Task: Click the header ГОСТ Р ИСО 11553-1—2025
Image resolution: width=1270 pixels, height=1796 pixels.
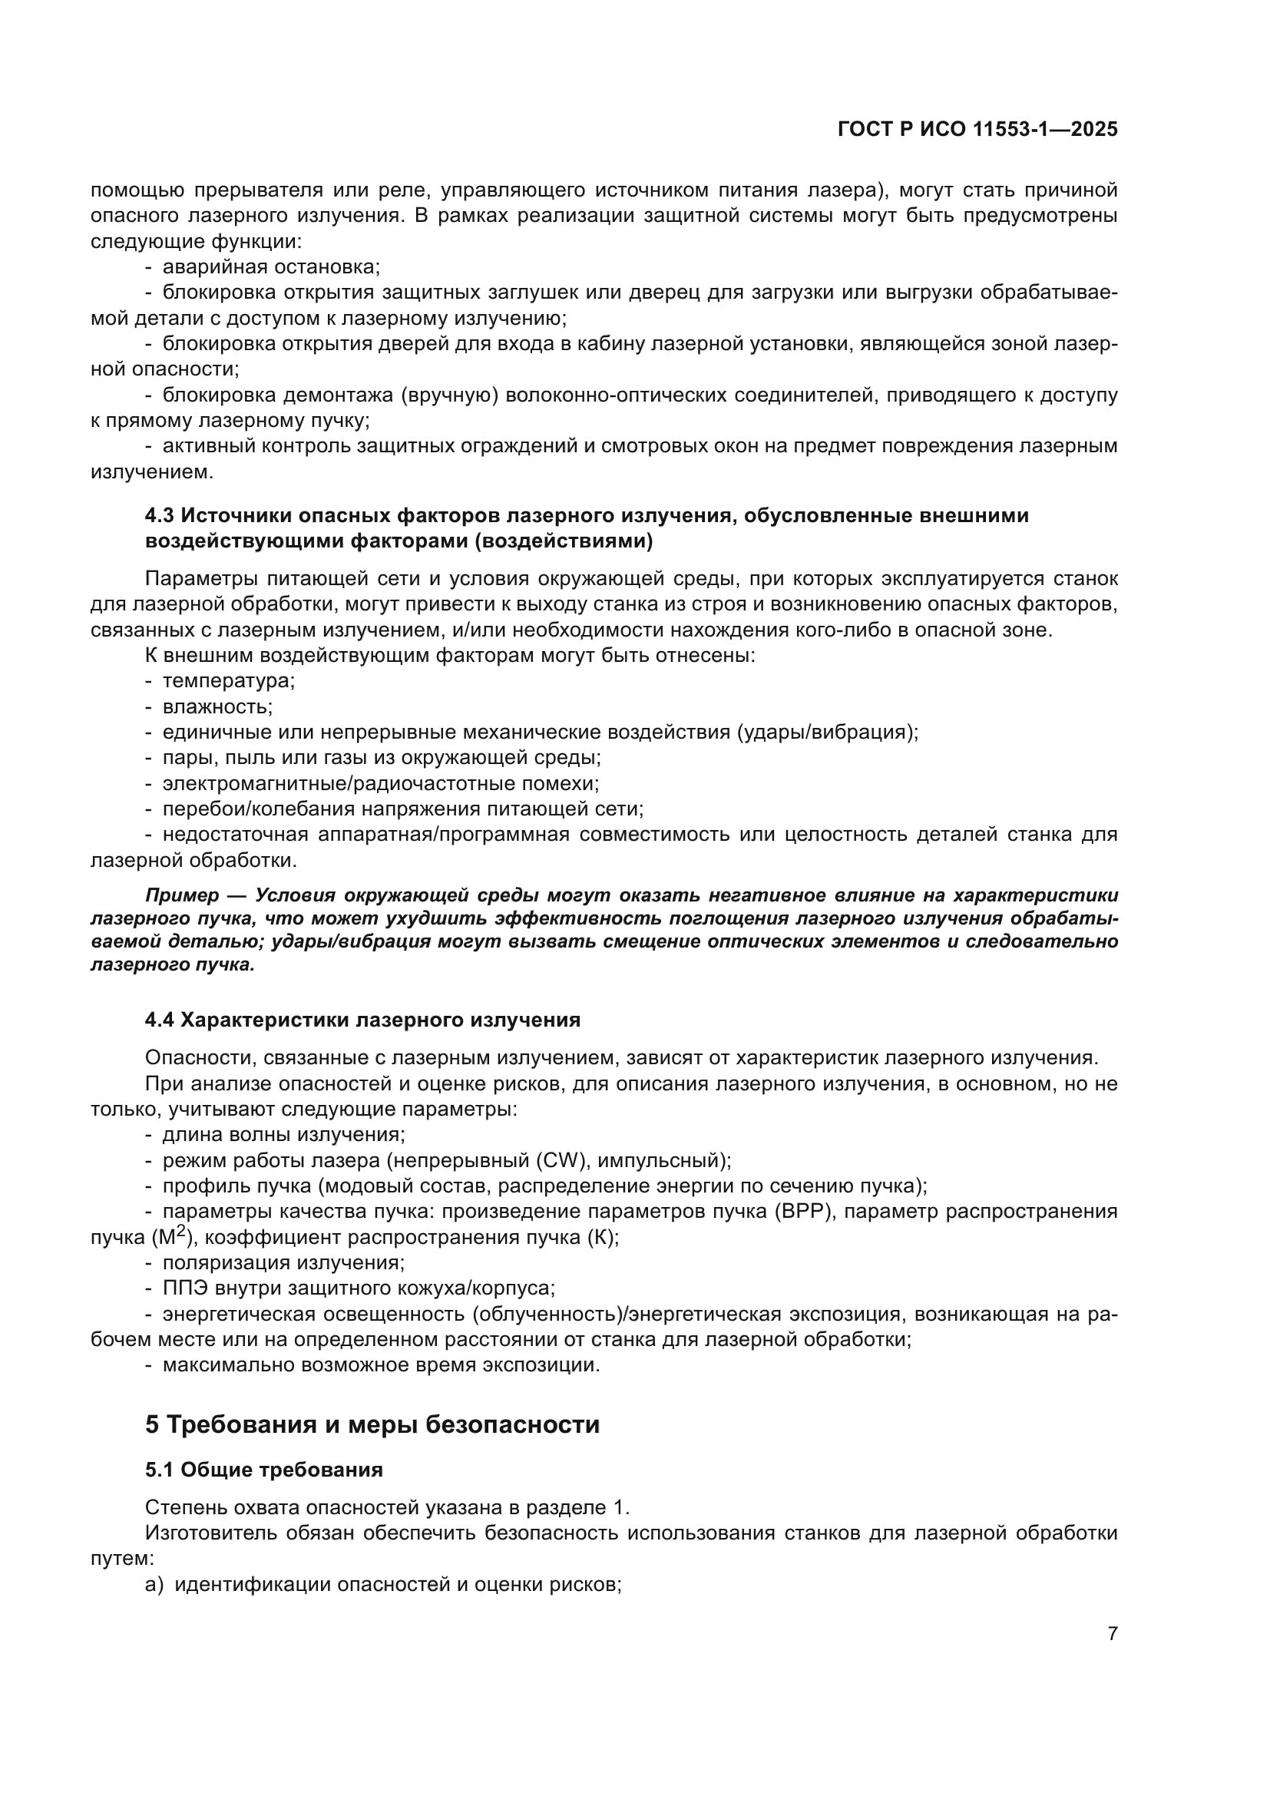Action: pyautogui.click(x=977, y=130)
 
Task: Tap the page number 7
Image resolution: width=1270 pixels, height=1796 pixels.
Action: pyautogui.click(x=1112, y=1634)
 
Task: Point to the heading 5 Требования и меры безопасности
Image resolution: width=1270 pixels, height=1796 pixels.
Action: pyautogui.click(x=372, y=1424)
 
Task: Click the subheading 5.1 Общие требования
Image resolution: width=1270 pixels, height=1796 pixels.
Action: pyautogui.click(x=263, y=1470)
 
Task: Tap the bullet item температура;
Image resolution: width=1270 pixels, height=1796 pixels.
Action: pyautogui.click(x=227, y=680)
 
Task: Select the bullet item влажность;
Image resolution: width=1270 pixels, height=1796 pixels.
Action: pyautogui.click(x=217, y=706)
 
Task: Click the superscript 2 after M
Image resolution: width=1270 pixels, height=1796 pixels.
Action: pyautogui.click(x=180, y=1230)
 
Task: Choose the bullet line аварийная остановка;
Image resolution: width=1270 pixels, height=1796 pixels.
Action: pyautogui.click(x=270, y=266)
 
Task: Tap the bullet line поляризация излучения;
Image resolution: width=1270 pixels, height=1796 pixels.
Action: pyautogui.click(x=283, y=1262)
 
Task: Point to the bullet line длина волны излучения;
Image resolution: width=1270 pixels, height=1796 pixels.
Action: pyautogui.click(x=283, y=1135)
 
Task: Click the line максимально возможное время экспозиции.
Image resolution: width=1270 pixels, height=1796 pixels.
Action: pyautogui.click(x=380, y=1365)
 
